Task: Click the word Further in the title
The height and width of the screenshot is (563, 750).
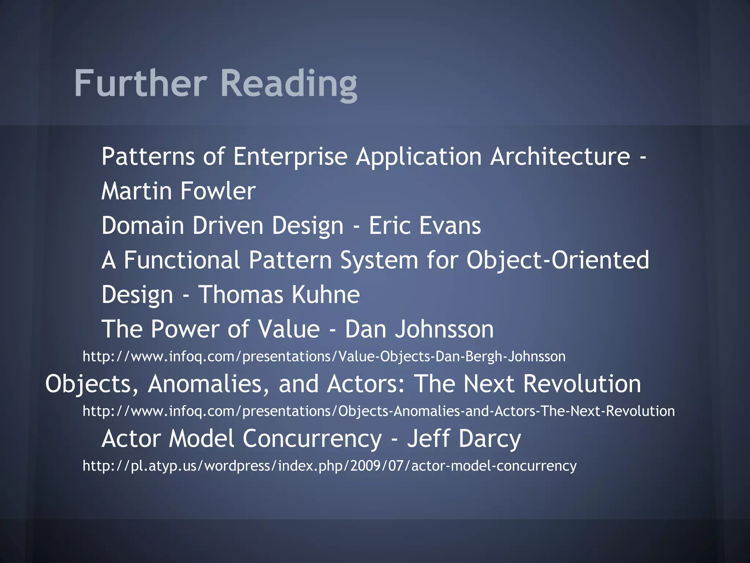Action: [x=141, y=84]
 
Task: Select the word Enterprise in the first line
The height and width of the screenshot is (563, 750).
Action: [x=290, y=157]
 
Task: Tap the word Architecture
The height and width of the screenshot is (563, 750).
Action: [x=560, y=156]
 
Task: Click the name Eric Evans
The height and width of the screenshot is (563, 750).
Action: [x=425, y=225]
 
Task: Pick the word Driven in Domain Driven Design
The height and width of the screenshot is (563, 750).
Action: [x=228, y=225]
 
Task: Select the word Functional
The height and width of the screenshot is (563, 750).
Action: [x=182, y=260]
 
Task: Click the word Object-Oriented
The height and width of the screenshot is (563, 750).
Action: [x=557, y=260]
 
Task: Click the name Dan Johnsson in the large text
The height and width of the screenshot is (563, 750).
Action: [x=419, y=329]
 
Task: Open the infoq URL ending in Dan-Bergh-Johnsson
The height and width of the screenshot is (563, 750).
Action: [x=324, y=357]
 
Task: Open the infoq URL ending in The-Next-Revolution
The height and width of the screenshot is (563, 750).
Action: [x=378, y=411]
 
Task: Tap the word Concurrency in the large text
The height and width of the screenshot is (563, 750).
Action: [x=312, y=439]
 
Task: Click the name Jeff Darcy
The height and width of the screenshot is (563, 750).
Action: [x=464, y=439]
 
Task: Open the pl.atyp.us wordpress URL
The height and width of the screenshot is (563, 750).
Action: [x=329, y=466]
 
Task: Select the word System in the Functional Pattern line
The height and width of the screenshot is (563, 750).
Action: [x=379, y=260]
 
